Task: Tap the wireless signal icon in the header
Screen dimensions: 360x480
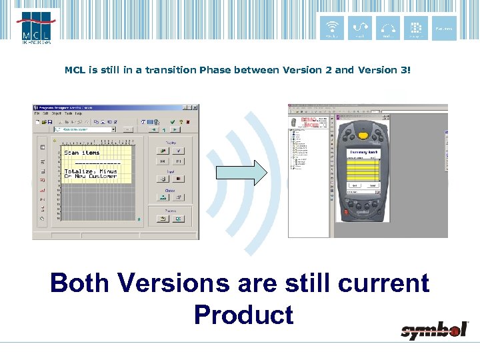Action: [331, 28]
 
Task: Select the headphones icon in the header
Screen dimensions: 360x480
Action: [388, 28]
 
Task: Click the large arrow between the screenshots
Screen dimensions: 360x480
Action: [241, 173]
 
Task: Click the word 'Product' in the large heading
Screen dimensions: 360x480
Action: [243, 314]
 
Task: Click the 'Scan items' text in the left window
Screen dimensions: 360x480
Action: [81, 153]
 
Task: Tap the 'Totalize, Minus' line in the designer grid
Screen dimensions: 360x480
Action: [90, 171]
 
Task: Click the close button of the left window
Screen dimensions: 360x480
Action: [195, 107]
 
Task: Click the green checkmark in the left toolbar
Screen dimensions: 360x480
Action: [172, 122]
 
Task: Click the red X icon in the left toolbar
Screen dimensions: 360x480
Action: [189, 122]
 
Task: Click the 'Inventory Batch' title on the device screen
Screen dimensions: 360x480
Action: [364, 152]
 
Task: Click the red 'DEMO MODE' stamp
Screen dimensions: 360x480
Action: [310, 124]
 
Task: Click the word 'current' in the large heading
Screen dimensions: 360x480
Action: [383, 283]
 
